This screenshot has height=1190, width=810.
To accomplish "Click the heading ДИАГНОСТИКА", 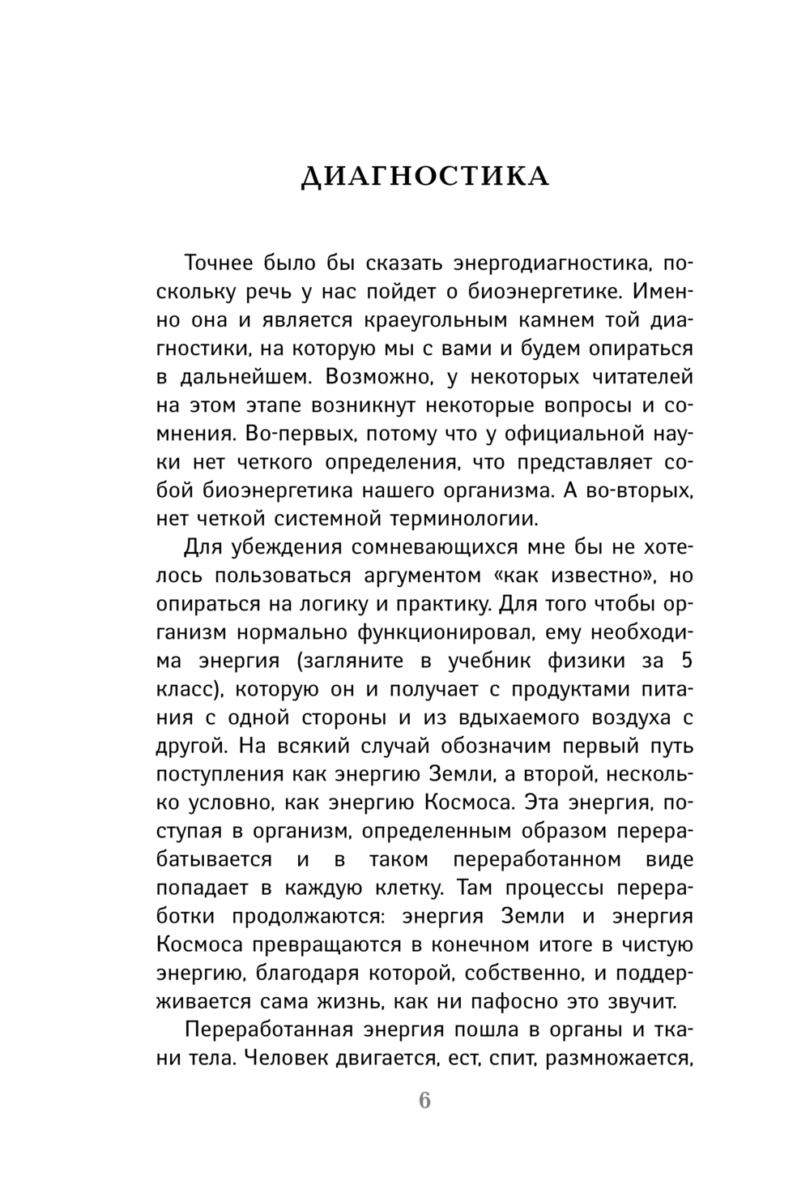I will (x=424, y=176).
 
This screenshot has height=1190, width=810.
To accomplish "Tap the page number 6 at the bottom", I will (x=424, y=1101).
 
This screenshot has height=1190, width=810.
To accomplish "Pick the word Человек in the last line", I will (x=290, y=1057).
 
